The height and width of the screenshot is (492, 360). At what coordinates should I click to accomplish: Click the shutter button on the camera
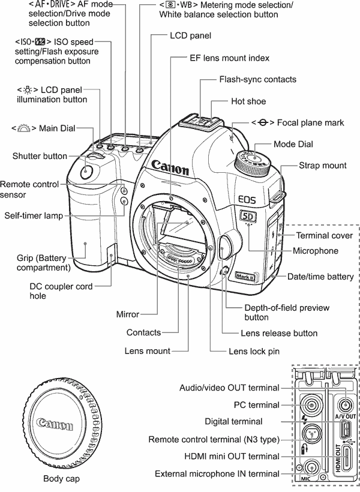click(x=86, y=172)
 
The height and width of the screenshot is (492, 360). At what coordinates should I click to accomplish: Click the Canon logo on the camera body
click(x=170, y=166)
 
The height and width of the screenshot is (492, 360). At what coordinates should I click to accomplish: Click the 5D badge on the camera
click(x=247, y=217)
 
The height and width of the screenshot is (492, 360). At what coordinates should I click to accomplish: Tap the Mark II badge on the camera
click(x=245, y=277)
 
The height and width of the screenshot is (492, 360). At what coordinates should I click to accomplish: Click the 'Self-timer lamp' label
click(x=34, y=215)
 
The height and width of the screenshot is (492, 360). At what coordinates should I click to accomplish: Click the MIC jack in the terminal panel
click(x=311, y=467)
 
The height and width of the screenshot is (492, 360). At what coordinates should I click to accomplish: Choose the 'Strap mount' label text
click(x=322, y=164)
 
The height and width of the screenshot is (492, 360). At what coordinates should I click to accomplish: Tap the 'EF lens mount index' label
click(x=220, y=58)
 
